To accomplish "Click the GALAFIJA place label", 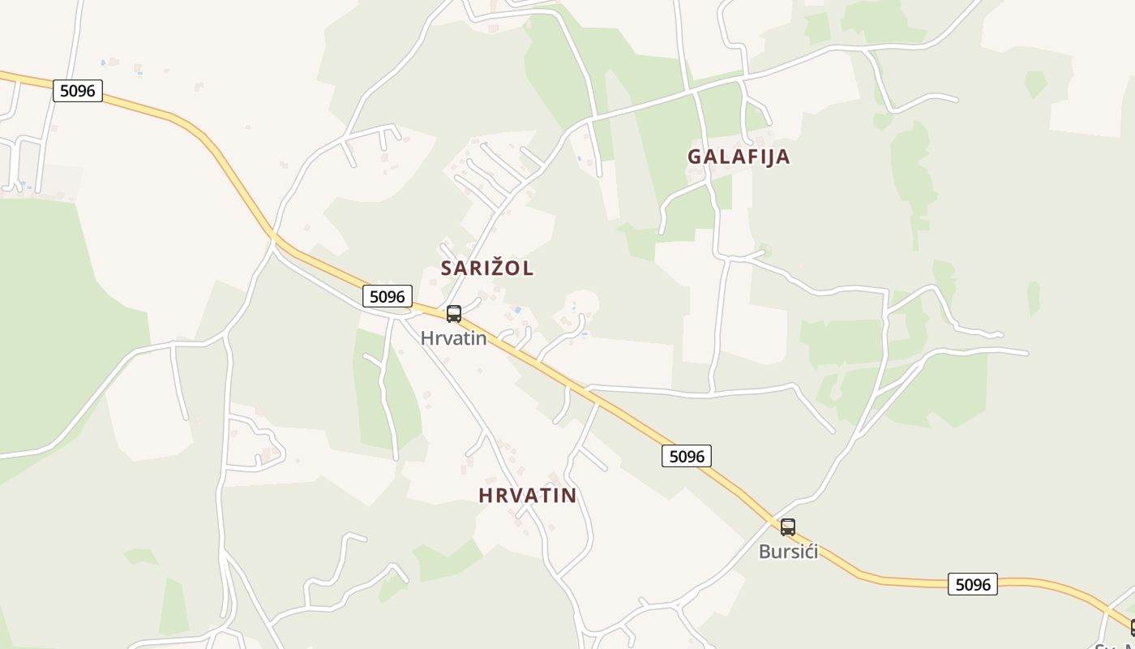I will (739, 157).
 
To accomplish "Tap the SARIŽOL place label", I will (487, 268).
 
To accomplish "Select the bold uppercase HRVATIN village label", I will (528, 495).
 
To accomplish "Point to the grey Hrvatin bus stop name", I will (454, 338).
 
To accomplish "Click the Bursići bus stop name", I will (788, 552).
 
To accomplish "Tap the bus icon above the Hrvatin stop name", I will (454, 314).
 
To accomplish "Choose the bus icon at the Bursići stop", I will (788, 527).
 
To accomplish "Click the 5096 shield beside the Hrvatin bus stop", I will (388, 297).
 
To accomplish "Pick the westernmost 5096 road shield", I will (78, 91).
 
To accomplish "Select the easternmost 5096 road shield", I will (973, 584).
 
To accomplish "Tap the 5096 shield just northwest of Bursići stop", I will (687, 457).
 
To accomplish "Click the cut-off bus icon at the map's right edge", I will (1132, 627).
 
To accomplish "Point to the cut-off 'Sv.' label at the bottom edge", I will (1112, 647).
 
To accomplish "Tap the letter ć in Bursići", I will (807, 552).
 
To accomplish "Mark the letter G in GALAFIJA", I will (695, 157).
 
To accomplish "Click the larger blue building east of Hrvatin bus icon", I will (517, 310).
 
